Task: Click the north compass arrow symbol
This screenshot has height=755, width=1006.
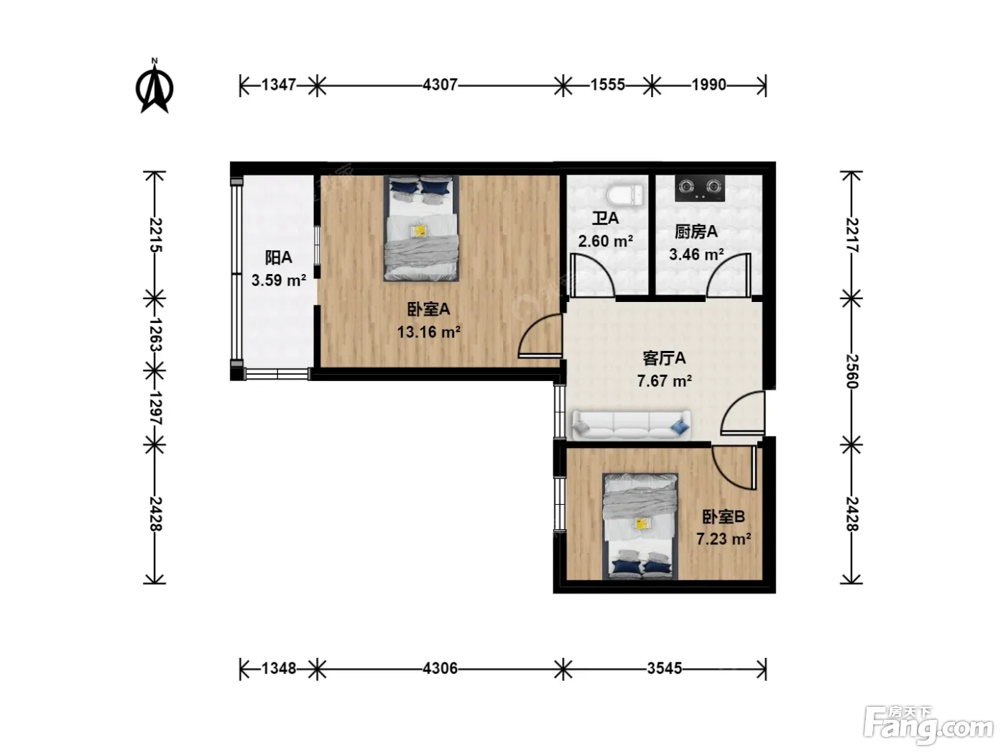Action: click(x=154, y=86)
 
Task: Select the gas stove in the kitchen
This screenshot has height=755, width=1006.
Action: click(x=700, y=188)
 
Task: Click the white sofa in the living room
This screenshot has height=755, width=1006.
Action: click(x=631, y=425)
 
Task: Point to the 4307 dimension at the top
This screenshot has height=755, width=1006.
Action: click(x=440, y=85)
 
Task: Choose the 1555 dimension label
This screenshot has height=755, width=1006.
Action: click(x=608, y=85)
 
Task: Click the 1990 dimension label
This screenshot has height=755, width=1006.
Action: click(x=709, y=85)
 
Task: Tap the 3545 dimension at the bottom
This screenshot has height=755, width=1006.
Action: click(x=665, y=669)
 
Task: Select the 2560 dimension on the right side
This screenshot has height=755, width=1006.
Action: click(x=852, y=371)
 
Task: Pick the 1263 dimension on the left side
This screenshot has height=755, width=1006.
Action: click(x=155, y=334)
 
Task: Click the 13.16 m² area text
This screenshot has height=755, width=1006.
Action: click(x=428, y=331)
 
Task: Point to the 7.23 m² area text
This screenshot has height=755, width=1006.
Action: click(x=724, y=539)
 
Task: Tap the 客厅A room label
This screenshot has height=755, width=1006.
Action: click(x=664, y=358)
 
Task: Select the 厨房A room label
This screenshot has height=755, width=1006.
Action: click(x=696, y=232)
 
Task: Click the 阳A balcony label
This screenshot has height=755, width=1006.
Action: click(x=278, y=257)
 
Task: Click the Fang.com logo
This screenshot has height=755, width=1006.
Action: click(x=928, y=725)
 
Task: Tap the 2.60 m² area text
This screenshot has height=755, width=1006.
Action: click(x=606, y=241)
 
